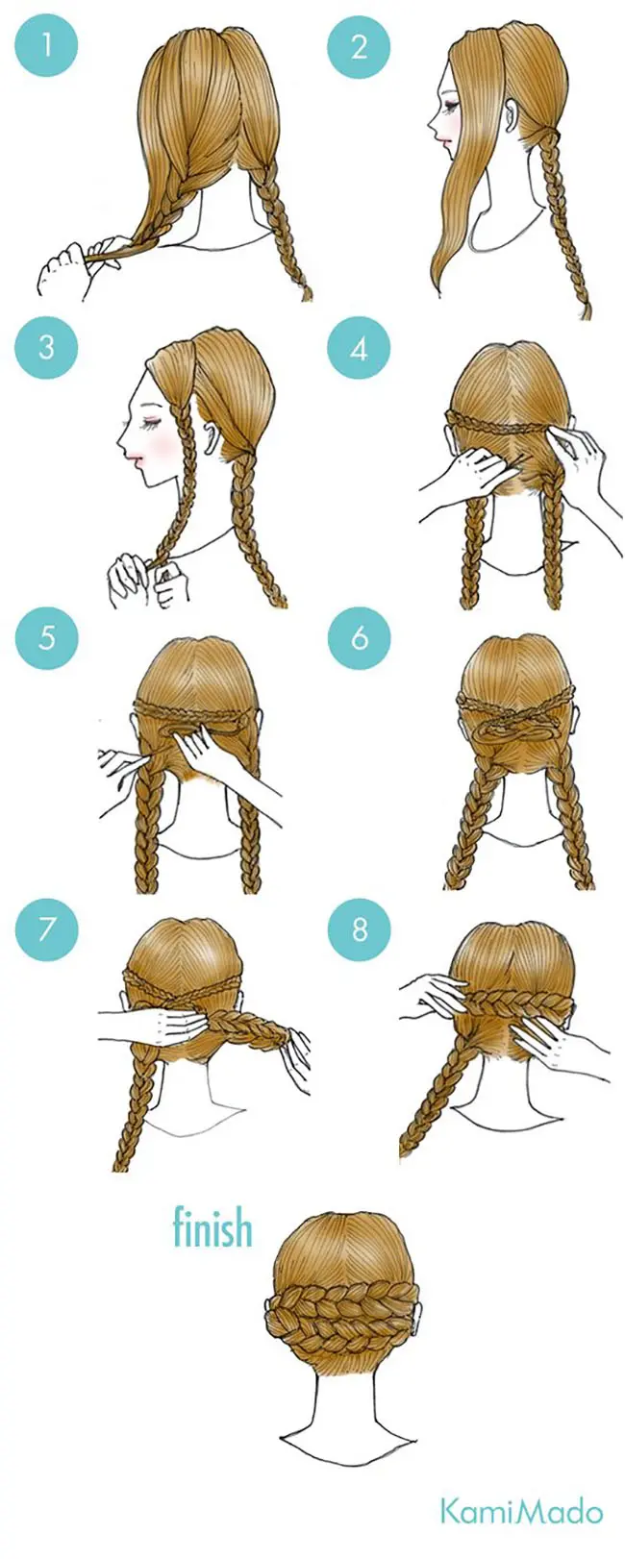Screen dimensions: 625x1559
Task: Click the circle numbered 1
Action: coord(46,47)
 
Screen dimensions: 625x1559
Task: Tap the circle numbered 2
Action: coord(359,47)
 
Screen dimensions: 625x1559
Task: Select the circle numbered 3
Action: coord(46,347)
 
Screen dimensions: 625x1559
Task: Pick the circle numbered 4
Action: coord(359,347)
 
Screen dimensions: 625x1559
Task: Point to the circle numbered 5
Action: coord(46,637)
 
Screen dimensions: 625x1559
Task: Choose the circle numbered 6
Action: coord(359,637)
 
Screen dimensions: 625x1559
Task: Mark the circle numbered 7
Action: coord(46,928)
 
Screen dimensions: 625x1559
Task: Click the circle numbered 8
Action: coord(359,928)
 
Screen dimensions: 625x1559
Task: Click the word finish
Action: coord(212,1227)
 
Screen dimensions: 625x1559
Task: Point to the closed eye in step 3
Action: coord(151,422)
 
